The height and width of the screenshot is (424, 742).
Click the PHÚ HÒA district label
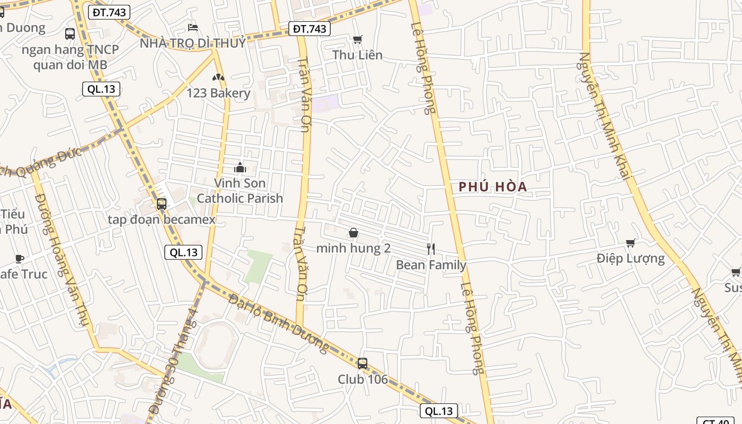point(493,187)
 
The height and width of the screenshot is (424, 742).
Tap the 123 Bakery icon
point(218,77)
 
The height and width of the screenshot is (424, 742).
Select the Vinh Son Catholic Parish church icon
point(240,168)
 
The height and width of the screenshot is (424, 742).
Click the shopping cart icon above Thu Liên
point(358,39)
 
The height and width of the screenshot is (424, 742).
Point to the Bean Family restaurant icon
point(431,249)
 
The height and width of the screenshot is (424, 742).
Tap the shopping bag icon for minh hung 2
point(354,233)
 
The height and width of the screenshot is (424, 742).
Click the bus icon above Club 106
point(363,364)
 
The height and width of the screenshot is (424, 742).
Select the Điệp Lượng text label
point(630,259)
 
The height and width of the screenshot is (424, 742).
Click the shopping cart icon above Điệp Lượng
point(631,243)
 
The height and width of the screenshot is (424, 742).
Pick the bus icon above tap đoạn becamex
point(162,204)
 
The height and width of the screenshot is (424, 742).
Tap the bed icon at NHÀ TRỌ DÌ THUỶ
point(193,27)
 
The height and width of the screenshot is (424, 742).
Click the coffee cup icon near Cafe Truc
point(20,259)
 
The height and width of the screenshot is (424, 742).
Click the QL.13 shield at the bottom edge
point(439,411)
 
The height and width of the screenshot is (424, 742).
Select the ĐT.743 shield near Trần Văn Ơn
point(310,29)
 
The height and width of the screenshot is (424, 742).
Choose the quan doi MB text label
point(70,65)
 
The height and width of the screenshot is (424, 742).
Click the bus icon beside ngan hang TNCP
point(70,34)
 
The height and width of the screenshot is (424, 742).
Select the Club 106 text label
point(363,379)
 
